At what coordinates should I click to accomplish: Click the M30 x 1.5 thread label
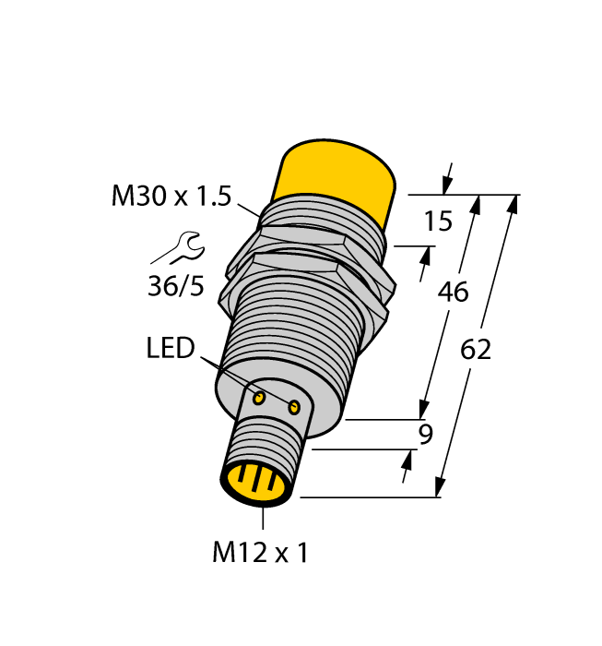pos(171,196)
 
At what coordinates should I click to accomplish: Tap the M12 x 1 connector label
pos(259,553)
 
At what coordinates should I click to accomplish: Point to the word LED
pos(171,348)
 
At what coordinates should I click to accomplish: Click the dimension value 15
pos(439,221)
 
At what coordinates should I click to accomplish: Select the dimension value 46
pos(452,292)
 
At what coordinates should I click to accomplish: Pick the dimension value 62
pos(475,350)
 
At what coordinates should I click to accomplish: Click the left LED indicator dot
pos(260,398)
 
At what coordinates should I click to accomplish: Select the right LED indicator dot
pos(295,407)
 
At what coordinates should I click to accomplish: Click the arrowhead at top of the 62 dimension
pos(512,203)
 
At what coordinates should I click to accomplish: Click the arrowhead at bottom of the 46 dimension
pos(425,409)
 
